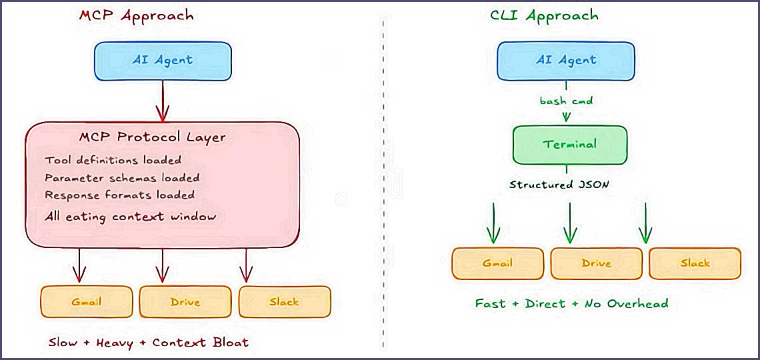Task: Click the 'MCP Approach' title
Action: (136, 16)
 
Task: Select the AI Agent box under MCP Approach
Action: (163, 60)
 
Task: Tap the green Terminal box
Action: (569, 145)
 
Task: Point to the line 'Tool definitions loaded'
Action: (113, 160)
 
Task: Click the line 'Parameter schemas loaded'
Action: (122, 178)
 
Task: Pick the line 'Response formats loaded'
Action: (120, 195)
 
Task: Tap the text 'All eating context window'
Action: (131, 217)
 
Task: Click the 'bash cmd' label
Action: (566, 101)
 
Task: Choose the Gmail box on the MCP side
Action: (87, 302)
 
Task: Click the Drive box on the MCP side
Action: (185, 302)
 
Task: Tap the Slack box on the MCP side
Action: (285, 302)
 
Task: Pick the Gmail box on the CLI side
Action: (497, 263)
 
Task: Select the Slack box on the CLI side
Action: (695, 263)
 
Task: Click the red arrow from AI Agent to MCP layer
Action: (161, 100)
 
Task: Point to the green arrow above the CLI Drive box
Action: (569, 223)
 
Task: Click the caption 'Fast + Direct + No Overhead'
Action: (571, 303)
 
